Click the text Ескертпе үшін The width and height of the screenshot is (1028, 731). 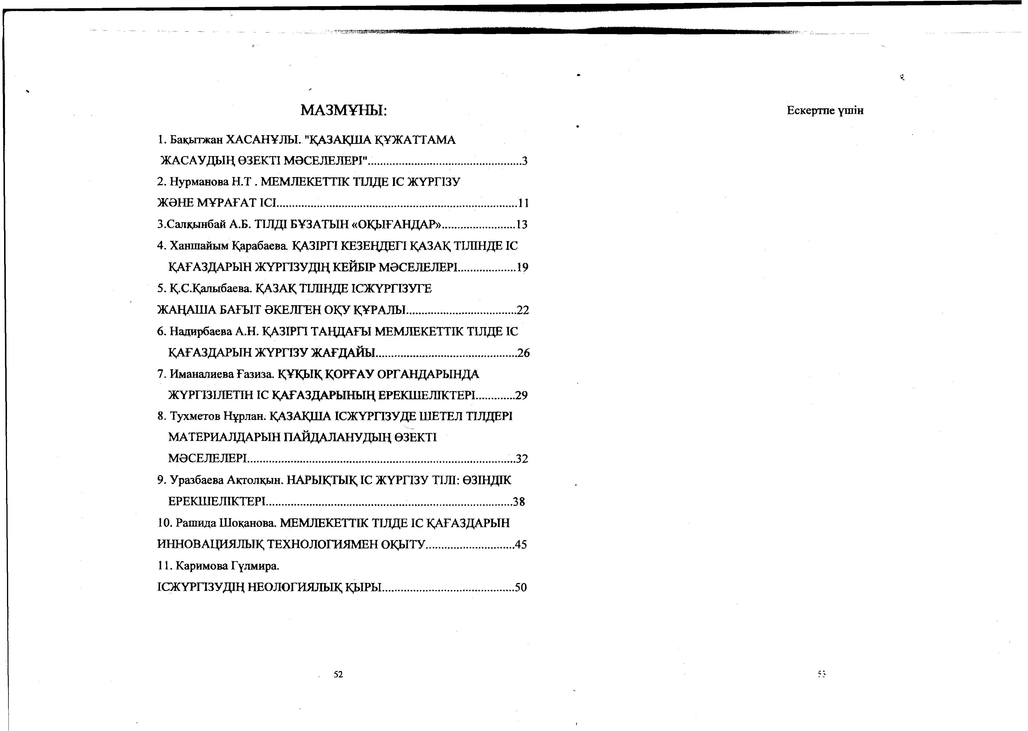825,111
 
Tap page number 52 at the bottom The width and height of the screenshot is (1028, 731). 338,674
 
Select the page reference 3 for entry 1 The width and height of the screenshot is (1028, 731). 524,161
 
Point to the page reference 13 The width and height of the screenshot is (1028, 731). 522,225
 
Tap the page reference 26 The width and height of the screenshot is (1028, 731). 523,353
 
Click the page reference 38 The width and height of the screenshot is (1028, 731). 519,502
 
